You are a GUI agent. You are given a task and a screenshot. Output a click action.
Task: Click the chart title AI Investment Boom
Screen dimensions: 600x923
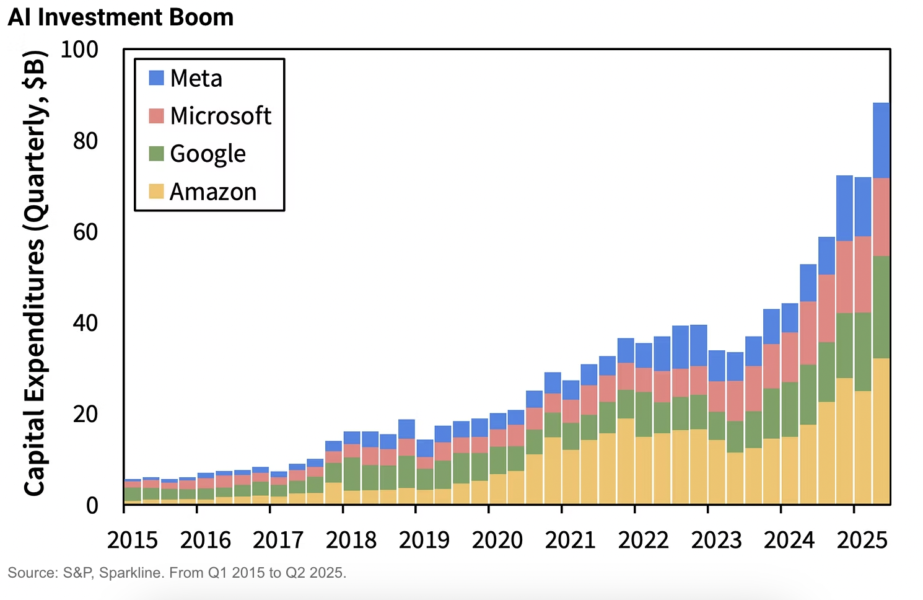point(121,17)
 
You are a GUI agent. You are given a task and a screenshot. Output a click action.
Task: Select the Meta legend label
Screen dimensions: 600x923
point(196,78)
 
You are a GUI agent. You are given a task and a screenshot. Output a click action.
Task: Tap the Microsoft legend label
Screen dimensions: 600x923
point(221,116)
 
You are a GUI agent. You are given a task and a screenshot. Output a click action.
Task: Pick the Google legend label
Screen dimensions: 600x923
point(208,154)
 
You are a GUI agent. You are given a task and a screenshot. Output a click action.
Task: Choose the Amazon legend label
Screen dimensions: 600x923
point(212,192)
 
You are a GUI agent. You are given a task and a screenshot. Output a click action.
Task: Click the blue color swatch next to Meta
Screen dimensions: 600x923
point(156,78)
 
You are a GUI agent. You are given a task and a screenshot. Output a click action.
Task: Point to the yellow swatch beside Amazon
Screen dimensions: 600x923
point(156,192)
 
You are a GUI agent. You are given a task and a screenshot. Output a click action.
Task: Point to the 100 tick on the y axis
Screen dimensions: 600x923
point(79,50)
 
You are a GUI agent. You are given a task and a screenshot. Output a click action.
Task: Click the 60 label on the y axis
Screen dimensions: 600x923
point(85,232)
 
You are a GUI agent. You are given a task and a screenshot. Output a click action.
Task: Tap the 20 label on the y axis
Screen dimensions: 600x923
point(85,414)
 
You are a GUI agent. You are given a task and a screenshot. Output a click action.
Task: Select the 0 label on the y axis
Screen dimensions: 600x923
point(92,506)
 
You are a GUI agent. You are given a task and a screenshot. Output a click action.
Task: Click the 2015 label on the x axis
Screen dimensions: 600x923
point(133,540)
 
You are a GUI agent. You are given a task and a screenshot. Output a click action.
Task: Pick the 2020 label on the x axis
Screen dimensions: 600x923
point(497,540)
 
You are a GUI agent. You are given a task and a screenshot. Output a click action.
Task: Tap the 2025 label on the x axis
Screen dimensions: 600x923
point(862,540)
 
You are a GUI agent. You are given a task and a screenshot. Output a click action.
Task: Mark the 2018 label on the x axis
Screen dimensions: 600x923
point(351,540)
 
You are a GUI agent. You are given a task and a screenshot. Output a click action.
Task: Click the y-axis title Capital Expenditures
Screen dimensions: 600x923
point(35,273)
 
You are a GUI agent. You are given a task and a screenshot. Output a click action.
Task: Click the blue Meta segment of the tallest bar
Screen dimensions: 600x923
point(881,140)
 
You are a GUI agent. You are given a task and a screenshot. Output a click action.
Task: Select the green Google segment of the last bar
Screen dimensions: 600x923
point(881,307)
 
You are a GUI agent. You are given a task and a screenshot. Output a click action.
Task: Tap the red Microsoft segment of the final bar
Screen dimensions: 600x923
point(881,217)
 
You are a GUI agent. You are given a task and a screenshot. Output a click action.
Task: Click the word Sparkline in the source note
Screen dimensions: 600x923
point(130,573)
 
